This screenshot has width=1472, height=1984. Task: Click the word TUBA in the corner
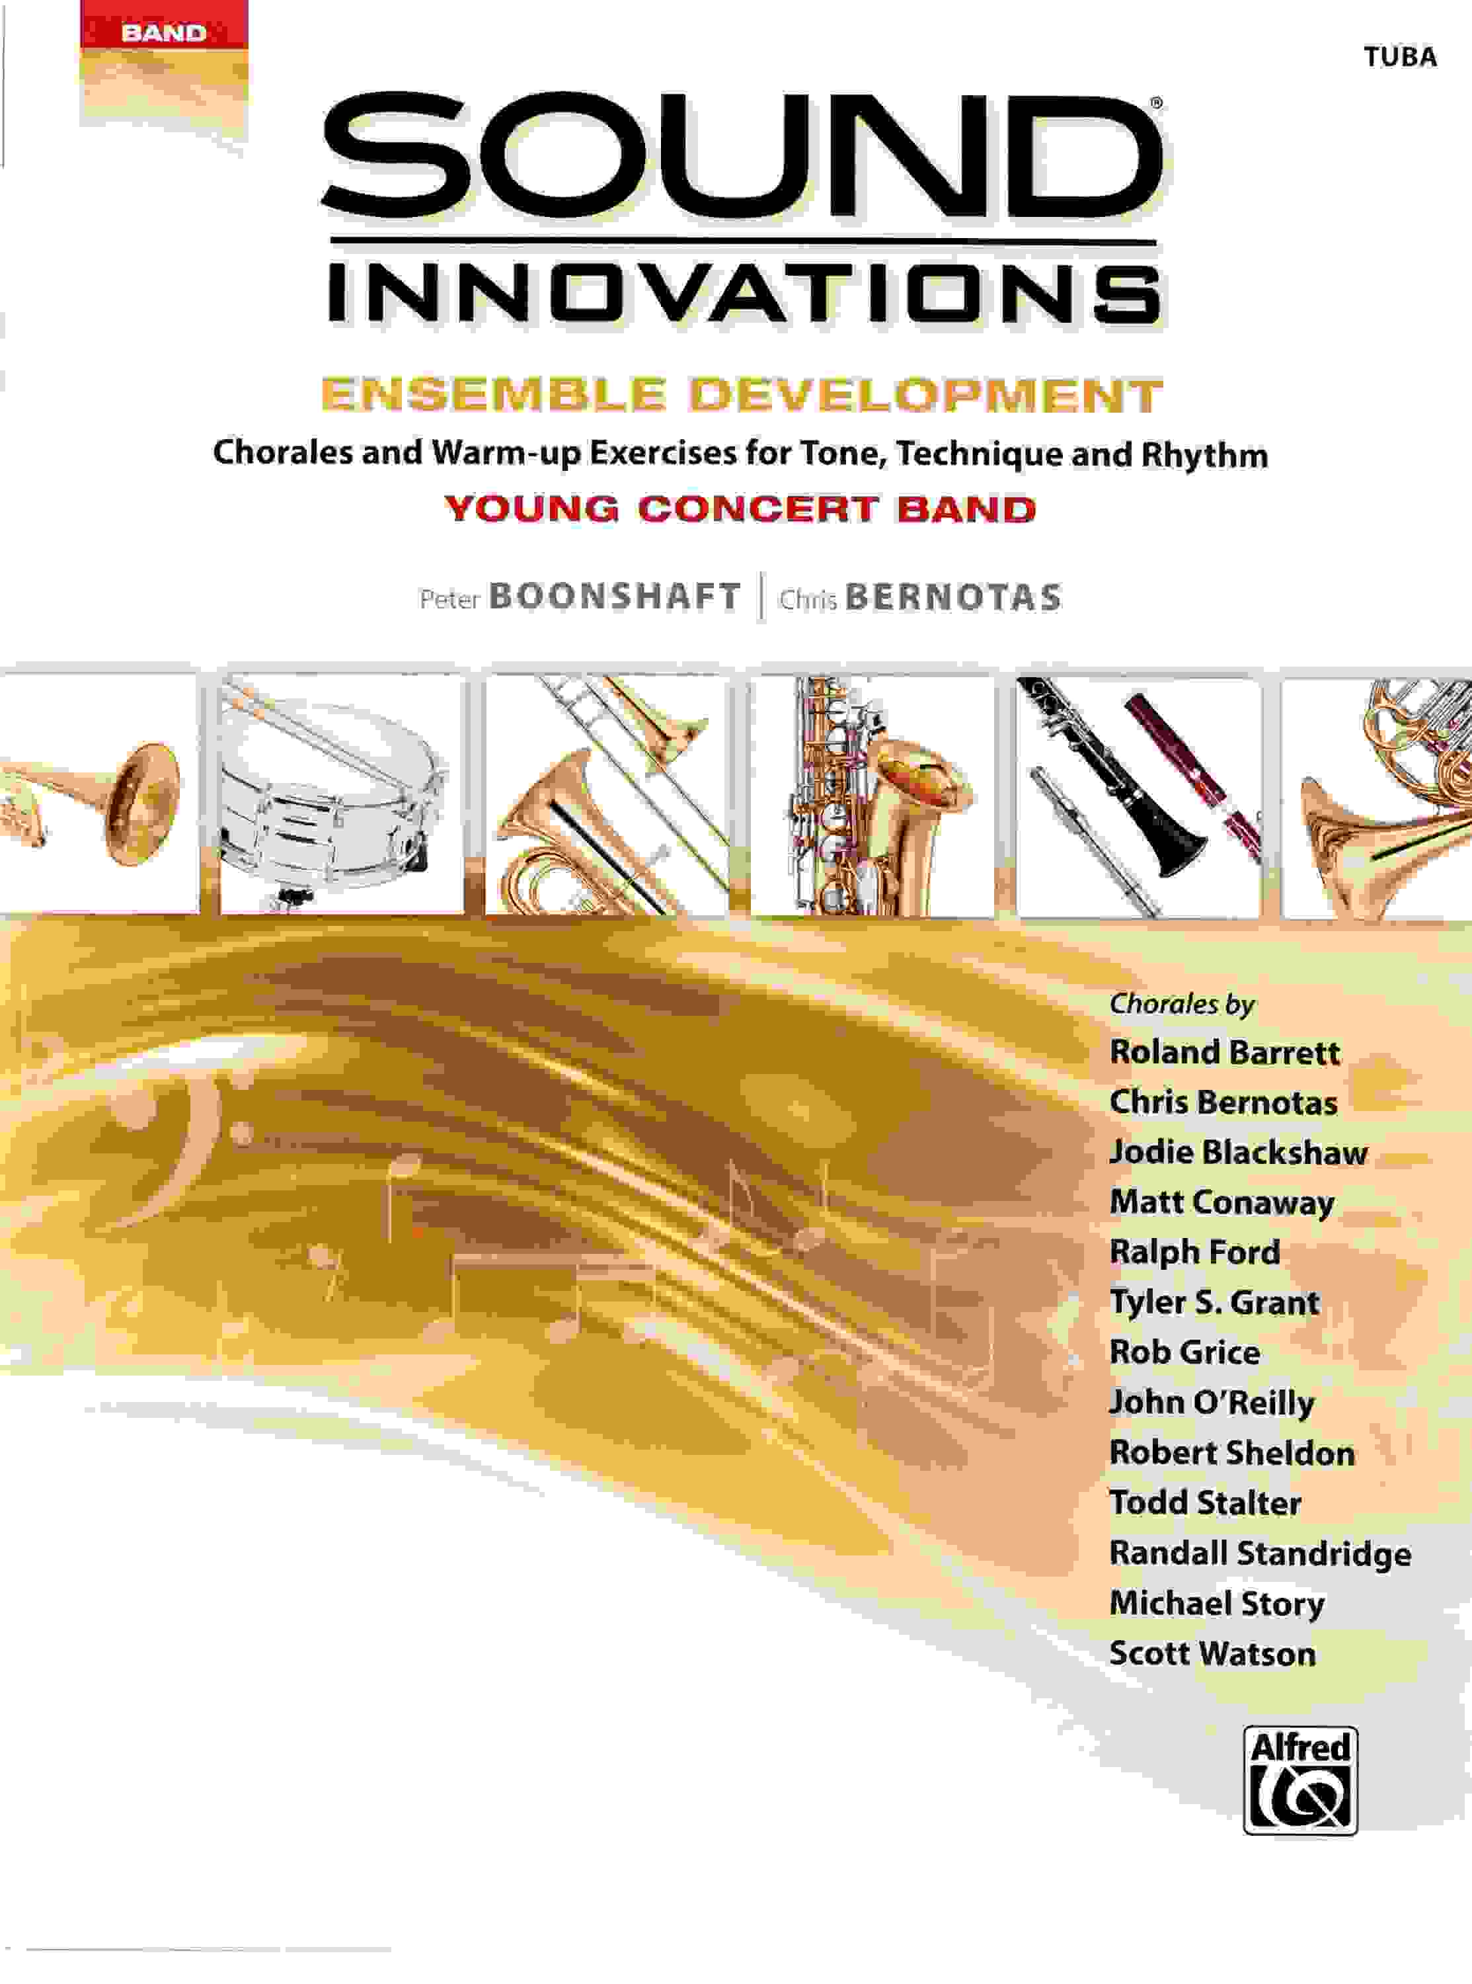click(x=1401, y=57)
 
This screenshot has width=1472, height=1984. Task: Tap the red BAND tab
click(x=163, y=34)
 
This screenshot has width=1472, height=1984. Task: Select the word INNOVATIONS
click(x=744, y=288)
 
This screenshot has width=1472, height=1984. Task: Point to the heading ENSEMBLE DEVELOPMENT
click(x=742, y=395)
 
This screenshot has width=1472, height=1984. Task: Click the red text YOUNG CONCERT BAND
click(x=740, y=509)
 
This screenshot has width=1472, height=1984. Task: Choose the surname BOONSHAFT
click(x=615, y=597)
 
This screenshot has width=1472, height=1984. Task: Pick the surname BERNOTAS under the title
click(x=953, y=597)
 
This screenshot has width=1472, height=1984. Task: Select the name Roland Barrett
click(x=1224, y=1053)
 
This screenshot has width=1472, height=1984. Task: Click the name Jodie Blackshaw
click(x=1237, y=1153)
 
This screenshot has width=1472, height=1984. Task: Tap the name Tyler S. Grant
click(x=1214, y=1302)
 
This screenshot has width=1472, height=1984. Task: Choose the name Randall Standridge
click(x=1260, y=1553)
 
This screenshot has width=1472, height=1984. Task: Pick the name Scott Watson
click(x=1212, y=1654)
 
